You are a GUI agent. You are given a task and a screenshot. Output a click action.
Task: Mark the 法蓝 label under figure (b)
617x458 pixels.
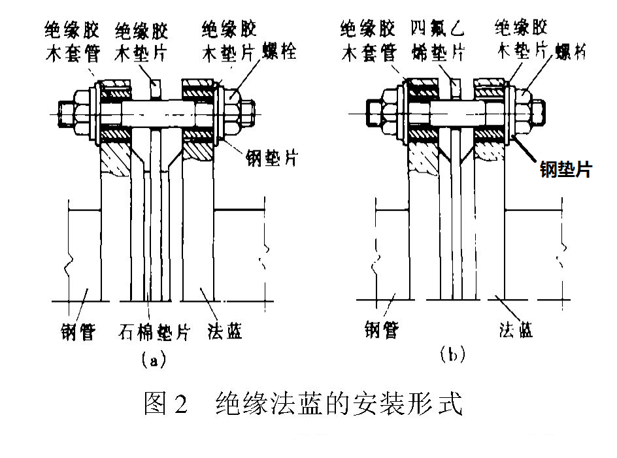click(x=515, y=331)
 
